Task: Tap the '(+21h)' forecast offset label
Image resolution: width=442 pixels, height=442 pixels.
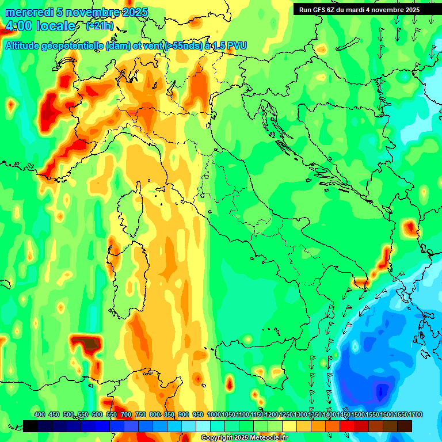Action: pyautogui.click(x=100, y=26)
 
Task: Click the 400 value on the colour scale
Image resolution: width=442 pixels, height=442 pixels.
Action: pyautogui.click(x=40, y=414)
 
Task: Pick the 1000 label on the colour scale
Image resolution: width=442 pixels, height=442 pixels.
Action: pyautogui.click(x=214, y=414)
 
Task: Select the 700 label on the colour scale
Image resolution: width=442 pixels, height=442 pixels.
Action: pyautogui.click(x=126, y=414)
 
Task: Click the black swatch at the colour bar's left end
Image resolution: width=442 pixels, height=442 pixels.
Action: pyautogui.click(x=31, y=426)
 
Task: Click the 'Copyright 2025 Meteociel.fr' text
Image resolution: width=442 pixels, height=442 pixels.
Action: pyautogui.click(x=244, y=438)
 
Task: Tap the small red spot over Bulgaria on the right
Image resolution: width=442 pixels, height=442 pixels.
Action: pyautogui.click(x=410, y=227)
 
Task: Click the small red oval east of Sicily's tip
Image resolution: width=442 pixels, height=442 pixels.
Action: pyautogui.click(x=230, y=382)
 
